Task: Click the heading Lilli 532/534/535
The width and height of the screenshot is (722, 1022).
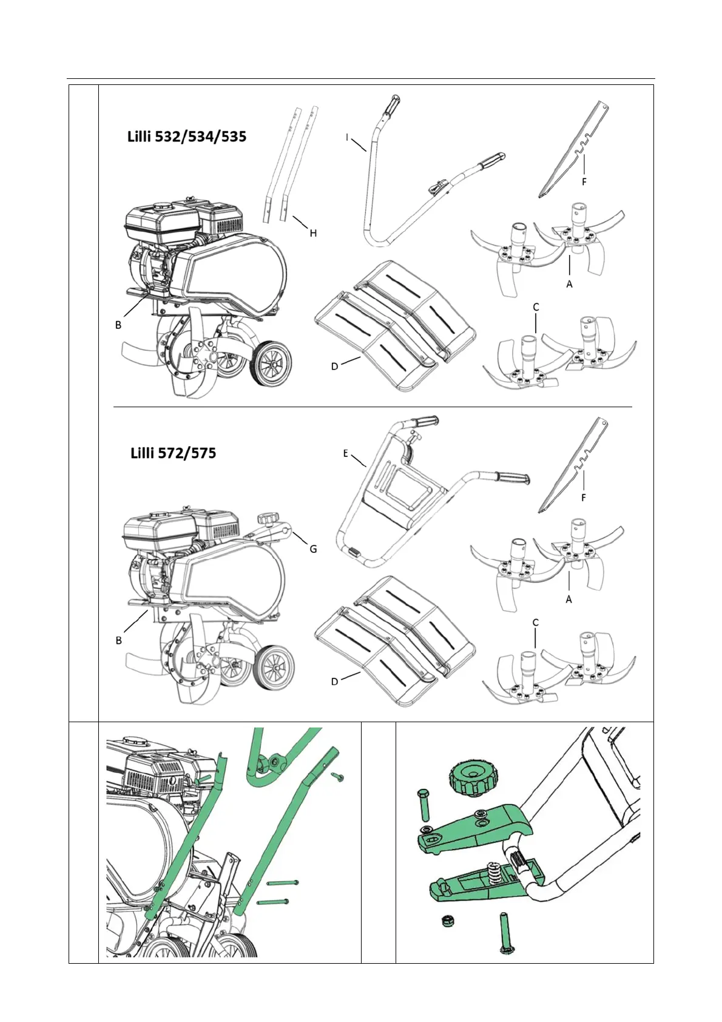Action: coord(186,137)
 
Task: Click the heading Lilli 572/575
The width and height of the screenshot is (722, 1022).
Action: coord(173,453)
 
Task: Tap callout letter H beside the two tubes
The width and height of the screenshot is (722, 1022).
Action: coord(313,233)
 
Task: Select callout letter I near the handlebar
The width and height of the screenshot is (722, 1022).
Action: coord(347,138)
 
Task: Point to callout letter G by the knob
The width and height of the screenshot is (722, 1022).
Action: coord(313,549)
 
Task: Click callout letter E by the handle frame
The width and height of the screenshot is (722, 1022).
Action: coord(345,453)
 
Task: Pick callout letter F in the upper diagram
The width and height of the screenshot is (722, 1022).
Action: coord(584,181)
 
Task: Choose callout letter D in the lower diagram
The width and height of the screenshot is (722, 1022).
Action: coord(334,682)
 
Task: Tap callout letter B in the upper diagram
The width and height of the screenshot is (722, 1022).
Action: coord(118,325)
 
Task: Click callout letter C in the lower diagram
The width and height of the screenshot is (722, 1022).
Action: coord(535,623)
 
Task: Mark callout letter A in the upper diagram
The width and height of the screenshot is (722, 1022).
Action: coord(569,283)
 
